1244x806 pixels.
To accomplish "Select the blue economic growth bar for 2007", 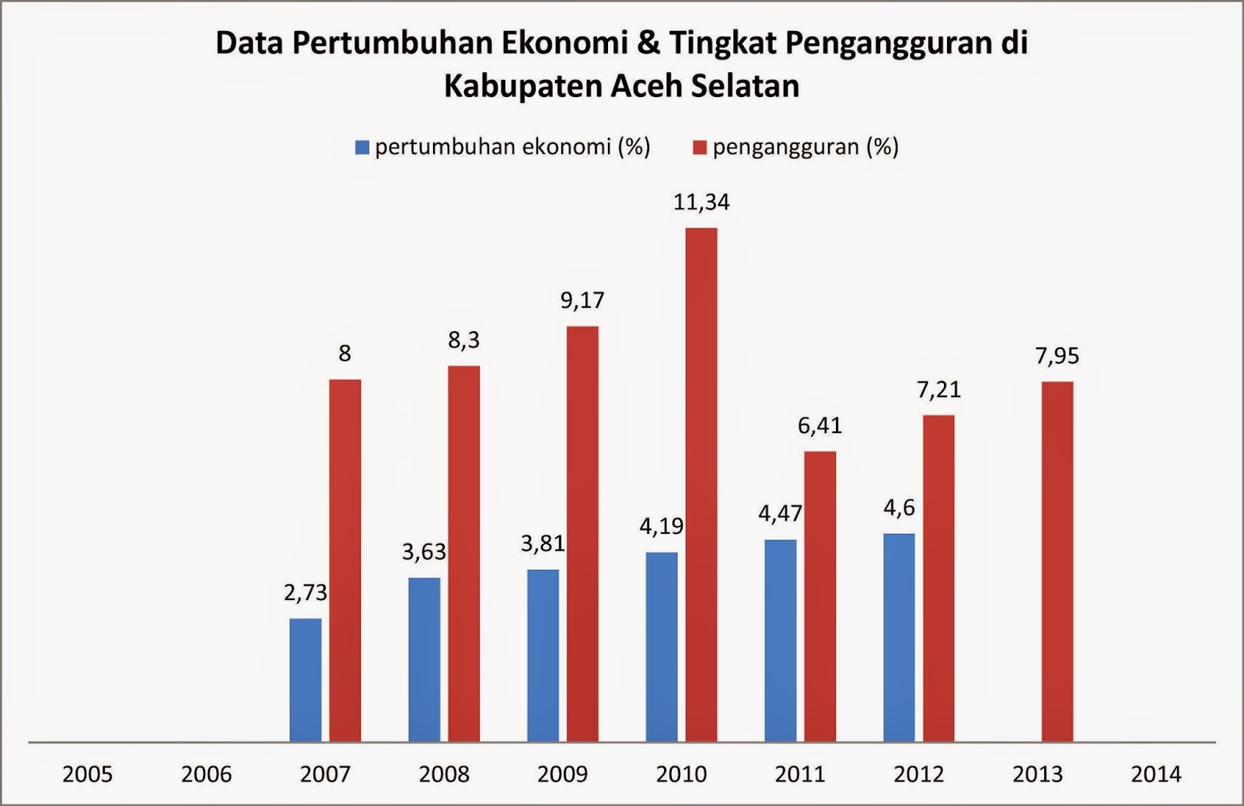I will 305,679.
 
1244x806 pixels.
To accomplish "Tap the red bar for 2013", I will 1057,561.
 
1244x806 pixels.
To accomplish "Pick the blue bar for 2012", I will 899,637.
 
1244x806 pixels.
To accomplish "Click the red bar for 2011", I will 819,596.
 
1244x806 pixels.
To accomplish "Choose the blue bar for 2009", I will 543,655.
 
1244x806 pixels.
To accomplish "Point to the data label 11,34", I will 701,202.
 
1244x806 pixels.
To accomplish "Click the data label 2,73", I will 306,593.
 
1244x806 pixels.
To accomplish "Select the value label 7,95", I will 1057,356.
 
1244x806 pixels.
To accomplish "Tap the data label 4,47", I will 780,514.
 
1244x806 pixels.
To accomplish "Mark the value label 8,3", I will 463,340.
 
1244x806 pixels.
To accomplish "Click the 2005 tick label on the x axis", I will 87,774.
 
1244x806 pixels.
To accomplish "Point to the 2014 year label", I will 1156,774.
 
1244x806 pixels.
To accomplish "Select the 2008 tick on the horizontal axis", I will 444,774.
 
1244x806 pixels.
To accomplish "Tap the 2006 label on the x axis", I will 206,774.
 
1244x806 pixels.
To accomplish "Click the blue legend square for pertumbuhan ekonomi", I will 362,148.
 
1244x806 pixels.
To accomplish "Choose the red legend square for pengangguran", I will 700,148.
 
